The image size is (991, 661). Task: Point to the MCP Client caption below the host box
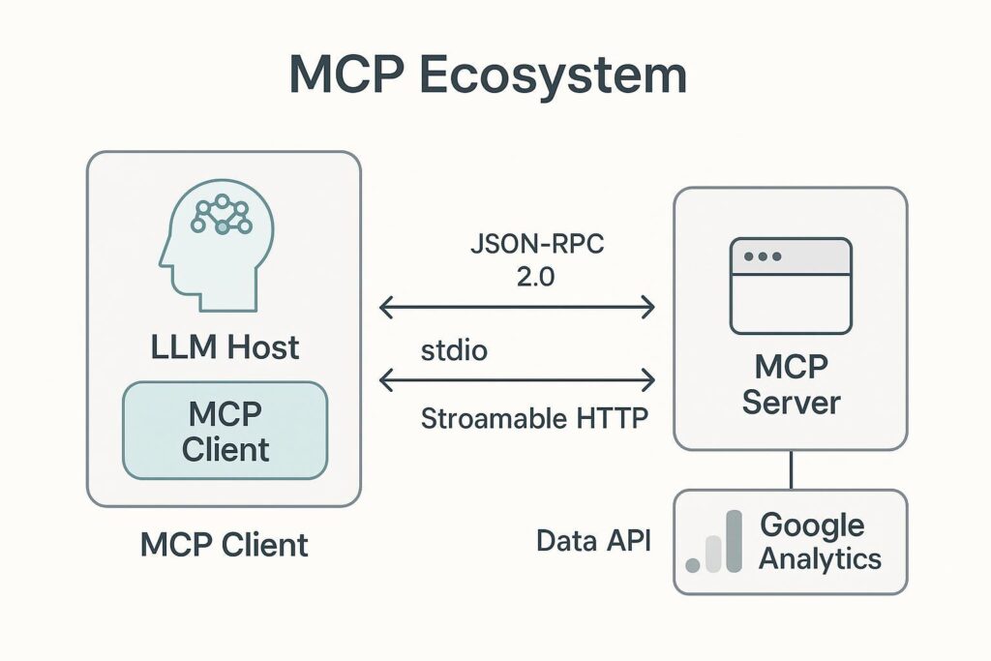click(x=225, y=544)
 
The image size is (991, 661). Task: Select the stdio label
click(x=453, y=349)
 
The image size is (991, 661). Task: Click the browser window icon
click(x=791, y=285)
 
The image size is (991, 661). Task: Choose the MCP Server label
click(x=791, y=385)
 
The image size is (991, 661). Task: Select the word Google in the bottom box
click(x=812, y=526)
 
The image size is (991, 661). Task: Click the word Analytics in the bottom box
click(x=820, y=558)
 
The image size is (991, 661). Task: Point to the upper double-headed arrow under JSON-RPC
click(x=517, y=309)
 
